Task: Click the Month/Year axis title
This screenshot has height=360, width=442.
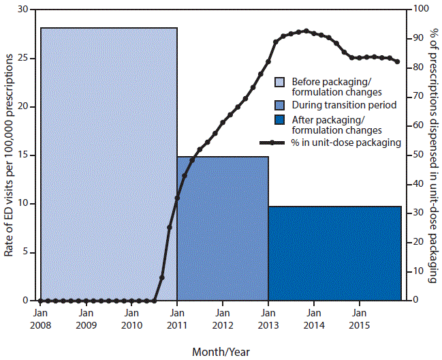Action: (220, 352)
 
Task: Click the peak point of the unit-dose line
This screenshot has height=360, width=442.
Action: (306, 31)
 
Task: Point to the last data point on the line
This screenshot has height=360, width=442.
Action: (397, 62)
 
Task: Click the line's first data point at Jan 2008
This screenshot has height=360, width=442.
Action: (40, 301)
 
